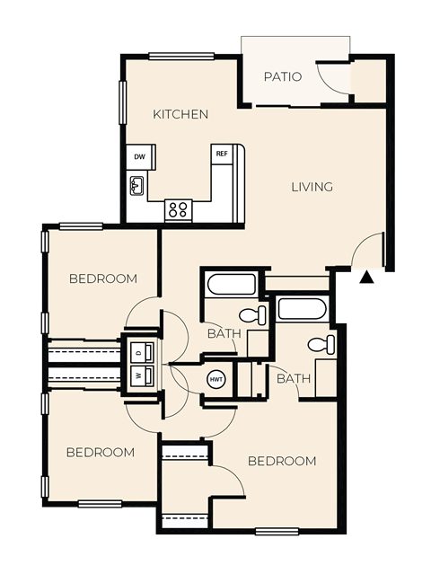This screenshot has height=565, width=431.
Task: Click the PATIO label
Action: click(282, 76)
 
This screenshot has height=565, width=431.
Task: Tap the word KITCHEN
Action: click(180, 114)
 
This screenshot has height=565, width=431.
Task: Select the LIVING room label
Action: click(312, 187)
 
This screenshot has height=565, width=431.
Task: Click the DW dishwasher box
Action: click(139, 157)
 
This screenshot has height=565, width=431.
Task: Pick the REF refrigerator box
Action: click(221, 154)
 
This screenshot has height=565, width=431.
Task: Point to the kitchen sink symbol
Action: click(137, 186)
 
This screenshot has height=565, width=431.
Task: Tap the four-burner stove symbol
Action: click(178, 210)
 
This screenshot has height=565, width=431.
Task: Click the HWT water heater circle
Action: click(217, 379)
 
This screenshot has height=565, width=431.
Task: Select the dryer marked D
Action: click(139, 351)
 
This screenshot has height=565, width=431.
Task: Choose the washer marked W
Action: click(139, 375)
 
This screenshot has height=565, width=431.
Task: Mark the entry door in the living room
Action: click(368, 252)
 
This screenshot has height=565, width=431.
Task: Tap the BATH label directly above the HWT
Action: click(224, 333)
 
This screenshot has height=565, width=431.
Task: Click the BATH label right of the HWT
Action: click(293, 378)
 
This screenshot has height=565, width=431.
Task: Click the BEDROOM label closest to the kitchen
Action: click(103, 278)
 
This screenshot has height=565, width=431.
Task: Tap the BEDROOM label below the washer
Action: click(101, 452)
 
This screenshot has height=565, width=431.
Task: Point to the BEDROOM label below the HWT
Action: click(282, 461)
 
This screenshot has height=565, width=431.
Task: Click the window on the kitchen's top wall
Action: click(181, 57)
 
